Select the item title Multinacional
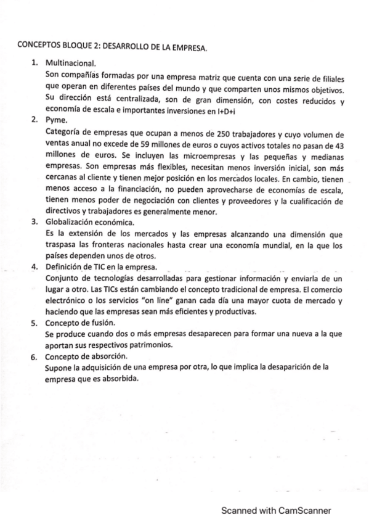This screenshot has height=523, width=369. point(71,63)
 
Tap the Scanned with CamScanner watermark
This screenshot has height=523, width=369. point(276,511)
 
